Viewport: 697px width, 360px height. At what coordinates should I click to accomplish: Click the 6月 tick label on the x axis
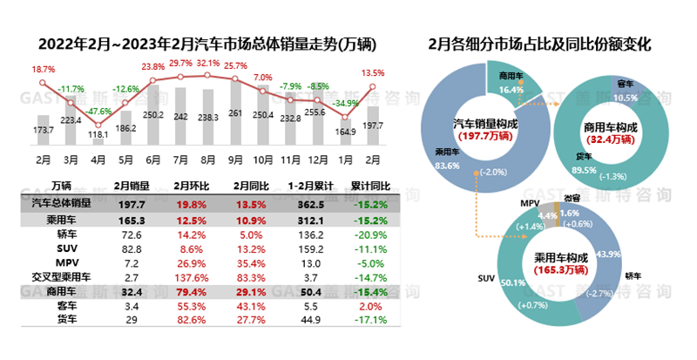point(152,160)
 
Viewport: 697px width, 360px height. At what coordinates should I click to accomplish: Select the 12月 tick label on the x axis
point(318,160)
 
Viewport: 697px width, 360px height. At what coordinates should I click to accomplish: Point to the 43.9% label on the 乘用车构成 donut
point(612,255)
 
